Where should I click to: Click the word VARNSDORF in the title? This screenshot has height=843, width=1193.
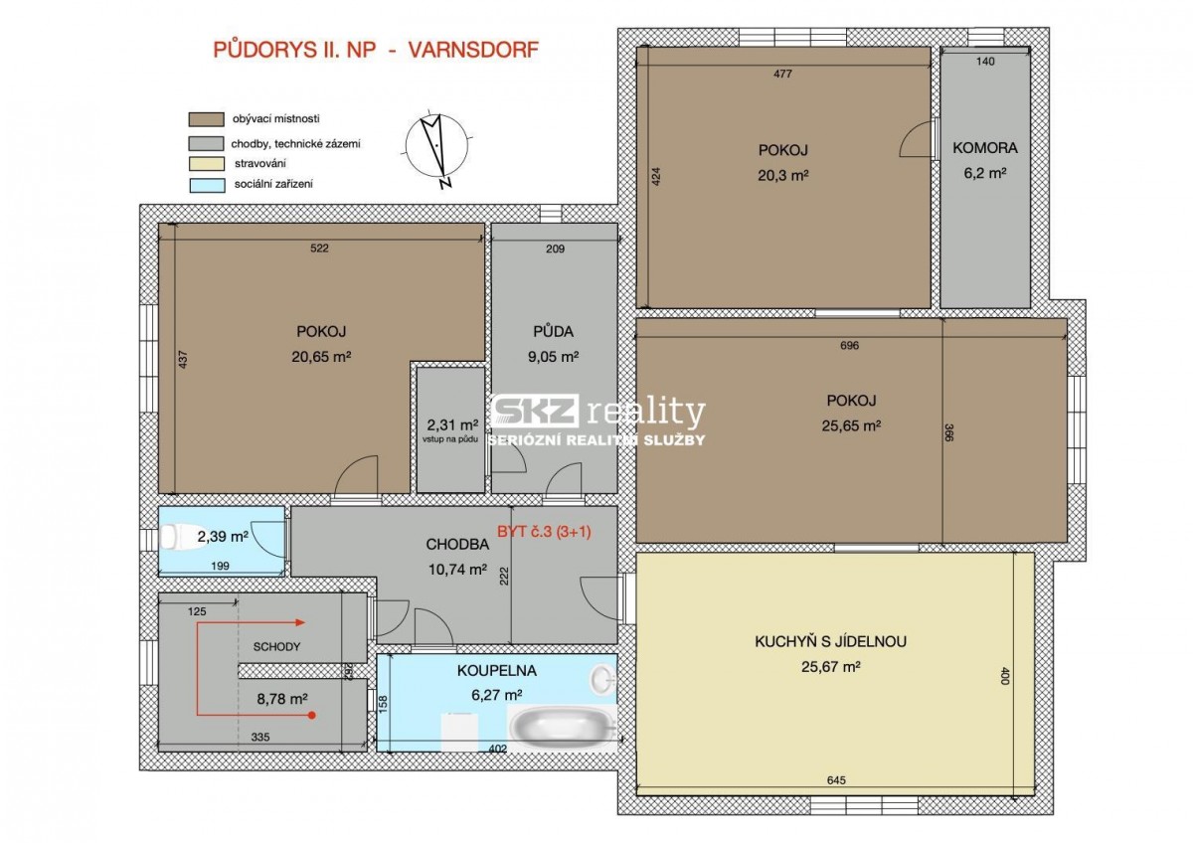click(473, 50)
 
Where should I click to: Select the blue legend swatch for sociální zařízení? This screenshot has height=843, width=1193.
click(207, 185)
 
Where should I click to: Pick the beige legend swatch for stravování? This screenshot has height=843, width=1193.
click(207, 164)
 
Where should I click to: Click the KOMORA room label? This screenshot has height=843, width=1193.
click(985, 148)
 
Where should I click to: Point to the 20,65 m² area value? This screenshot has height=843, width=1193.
click(321, 356)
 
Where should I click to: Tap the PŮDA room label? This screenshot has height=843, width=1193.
click(554, 331)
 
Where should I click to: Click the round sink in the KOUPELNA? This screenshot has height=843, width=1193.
click(603, 680)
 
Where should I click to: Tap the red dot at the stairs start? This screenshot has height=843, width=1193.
click(312, 715)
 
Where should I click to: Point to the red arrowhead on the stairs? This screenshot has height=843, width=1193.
click(300, 622)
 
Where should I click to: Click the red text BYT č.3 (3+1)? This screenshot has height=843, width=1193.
click(544, 532)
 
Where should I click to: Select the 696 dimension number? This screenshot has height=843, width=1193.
click(849, 345)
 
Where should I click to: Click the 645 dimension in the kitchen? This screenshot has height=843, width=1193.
click(837, 780)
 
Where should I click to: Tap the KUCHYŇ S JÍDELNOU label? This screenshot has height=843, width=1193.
click(831, 641)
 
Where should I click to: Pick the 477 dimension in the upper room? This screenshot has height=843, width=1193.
click(782, 74)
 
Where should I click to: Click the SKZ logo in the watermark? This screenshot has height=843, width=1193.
click(535, 411)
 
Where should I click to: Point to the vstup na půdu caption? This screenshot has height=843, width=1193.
click(450, 439)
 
